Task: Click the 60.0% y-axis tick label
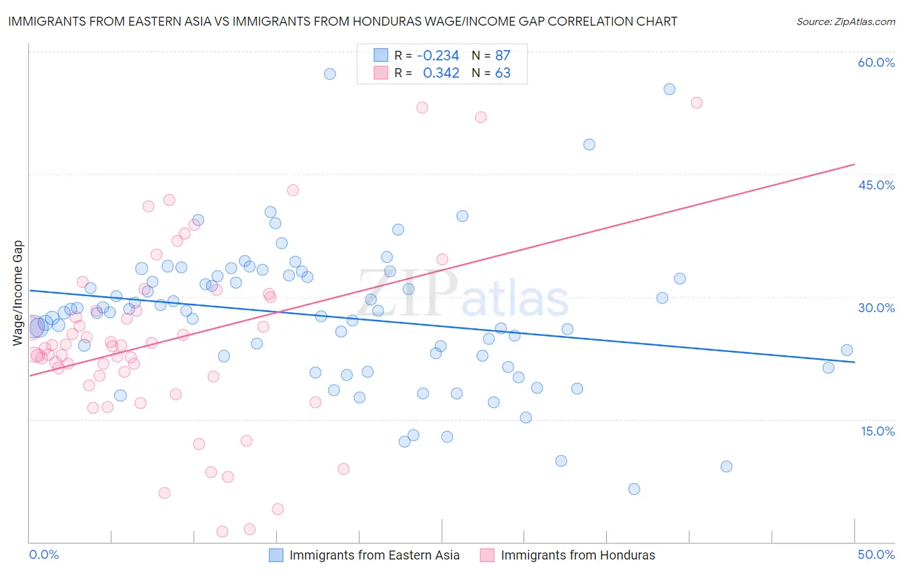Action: click(876, 62)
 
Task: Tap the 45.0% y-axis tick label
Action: click(876, 185)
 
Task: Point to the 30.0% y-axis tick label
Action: click(876, 308)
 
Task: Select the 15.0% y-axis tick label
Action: click(877, 431)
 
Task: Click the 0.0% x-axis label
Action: click(44, 554)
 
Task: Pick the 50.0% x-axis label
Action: click(876, 554)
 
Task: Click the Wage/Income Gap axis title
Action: click(18, 293)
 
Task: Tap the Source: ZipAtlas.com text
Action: click(845, 22)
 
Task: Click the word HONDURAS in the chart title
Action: click(392, 22)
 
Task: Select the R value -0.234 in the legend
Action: click(438, 55)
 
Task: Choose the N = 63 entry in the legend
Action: click(491, 73)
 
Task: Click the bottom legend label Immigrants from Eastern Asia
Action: click(374, 555)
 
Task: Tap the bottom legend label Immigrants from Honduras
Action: click(577, 555)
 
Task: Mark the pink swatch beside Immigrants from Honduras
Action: click(487, 555)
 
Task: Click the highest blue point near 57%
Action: click(329, 74)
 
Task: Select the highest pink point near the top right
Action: click(696, 103)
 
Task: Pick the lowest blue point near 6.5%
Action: click(634, 489)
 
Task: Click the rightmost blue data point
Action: click(846, 350)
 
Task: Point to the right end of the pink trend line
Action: click(854, 164)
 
